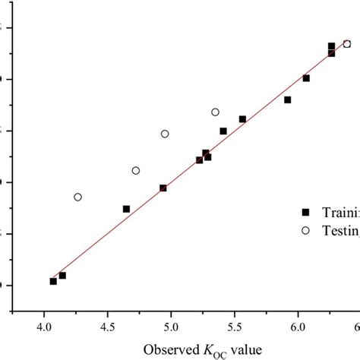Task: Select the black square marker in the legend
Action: coord(306,213)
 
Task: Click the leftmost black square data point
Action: coord(53,281)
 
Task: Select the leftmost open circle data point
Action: coord(77,197)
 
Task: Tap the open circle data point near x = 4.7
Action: coord(136,170)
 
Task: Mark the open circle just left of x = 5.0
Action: coord(165,134)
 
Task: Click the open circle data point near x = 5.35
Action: coord(215,112)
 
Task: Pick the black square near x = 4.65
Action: coord(126,208)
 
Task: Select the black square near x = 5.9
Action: coord(287,99)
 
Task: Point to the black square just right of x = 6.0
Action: coord(306,77)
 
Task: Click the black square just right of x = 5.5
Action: coord(242,118)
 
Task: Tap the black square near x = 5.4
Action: coord(223,131)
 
